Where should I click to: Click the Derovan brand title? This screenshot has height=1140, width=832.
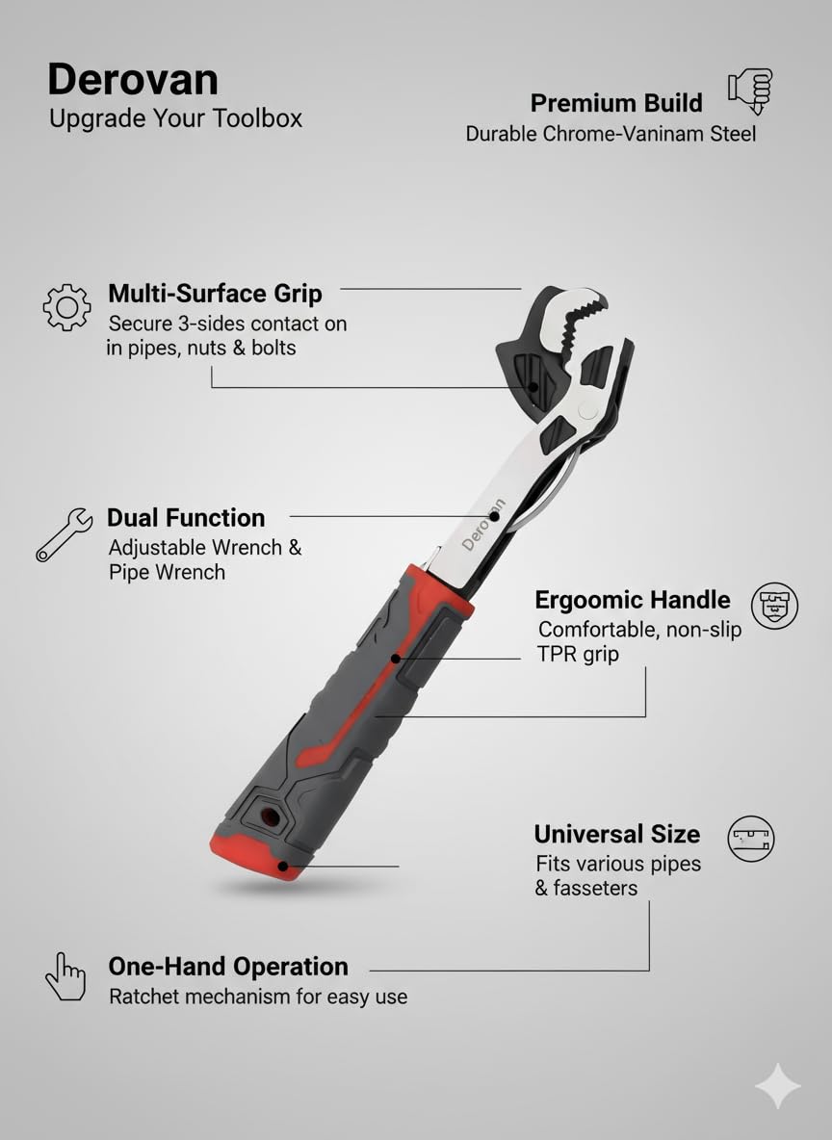click(x=133, y=80)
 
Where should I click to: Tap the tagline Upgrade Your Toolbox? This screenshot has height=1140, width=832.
click(x=175, y=118)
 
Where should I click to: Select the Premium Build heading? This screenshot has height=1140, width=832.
click(x=616, y=103)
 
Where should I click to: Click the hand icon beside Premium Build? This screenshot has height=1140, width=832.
click(x=751, y=91)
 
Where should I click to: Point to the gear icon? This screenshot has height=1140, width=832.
click(x=66, y=307)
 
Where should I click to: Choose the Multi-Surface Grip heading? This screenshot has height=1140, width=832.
click(x=215, y=293)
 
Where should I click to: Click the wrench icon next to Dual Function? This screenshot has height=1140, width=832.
click(x=64, y=534)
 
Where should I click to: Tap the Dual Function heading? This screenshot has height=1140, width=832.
click(x=186, y=518)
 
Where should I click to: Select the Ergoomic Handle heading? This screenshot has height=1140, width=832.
click(x=633, y=600)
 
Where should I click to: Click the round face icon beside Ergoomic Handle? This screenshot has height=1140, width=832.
click(x=774, y=606)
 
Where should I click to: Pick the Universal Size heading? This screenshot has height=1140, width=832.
click(x=617, y=834)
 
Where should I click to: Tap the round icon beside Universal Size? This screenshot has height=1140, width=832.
click(x=751, y=838)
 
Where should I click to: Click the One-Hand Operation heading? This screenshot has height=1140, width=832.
click(x=228, y=967)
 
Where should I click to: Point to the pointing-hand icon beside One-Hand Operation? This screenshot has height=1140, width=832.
click(x=65, y=976)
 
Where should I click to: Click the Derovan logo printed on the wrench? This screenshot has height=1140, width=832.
click(x=483, y=524)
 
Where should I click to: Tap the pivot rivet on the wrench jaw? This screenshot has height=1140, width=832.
click(x=585, y=411)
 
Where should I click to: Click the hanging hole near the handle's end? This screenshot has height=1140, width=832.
click(x=270, y=817)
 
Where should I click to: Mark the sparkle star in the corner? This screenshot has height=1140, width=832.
click(x=777, y=1086)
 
